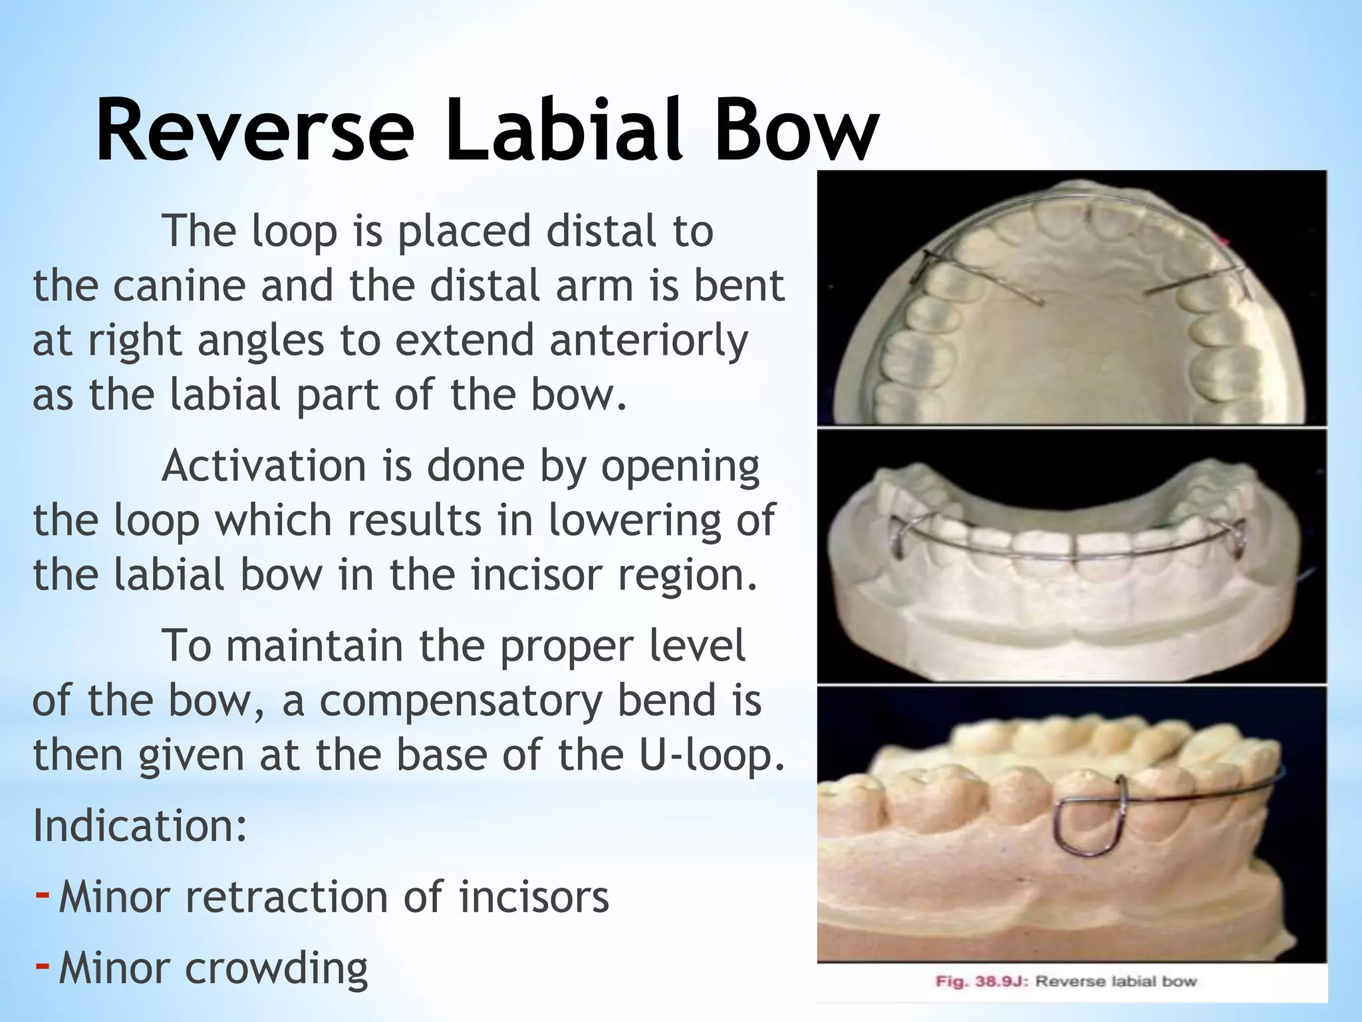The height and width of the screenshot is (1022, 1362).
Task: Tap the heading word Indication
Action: tap(140, 826)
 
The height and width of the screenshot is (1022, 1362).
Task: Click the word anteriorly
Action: tap(648, 341)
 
